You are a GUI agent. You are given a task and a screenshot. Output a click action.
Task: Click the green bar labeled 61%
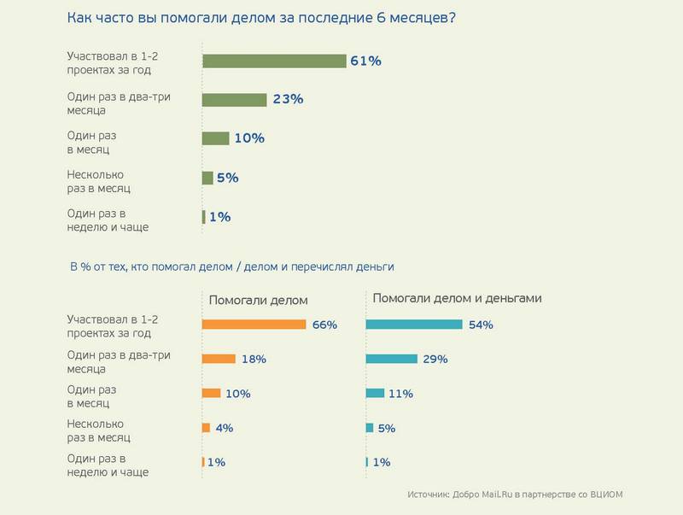tap(273, 61)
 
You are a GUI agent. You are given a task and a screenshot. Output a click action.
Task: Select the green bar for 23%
tap(235, 100)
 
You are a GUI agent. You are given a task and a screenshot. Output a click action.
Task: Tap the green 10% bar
tap(216, 138)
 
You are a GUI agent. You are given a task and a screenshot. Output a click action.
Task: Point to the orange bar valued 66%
tap(254, 325)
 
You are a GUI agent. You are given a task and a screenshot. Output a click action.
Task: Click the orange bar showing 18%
tap(219, 360)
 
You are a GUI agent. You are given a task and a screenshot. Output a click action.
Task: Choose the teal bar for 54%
tap(414, 325)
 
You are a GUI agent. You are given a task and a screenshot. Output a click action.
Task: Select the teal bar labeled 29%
tap(392, 360)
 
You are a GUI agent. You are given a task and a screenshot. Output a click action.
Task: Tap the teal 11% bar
tap(375, 394)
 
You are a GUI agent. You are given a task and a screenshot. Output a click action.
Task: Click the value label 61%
tap(365, 61)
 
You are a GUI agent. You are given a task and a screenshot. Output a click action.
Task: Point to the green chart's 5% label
tap(228, 178)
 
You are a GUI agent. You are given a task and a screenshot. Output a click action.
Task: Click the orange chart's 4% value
tap(225, 428)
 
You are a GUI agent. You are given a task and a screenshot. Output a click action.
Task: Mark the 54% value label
tap(481, 325)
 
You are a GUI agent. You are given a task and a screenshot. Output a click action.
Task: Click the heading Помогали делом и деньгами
tap(458, 298)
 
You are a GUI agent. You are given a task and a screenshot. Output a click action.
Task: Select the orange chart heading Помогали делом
tap(259, 301)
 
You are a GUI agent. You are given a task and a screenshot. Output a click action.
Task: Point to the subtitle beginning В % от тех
tap(231, 266)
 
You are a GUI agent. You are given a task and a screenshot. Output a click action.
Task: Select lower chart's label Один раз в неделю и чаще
tap(108, 465)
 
